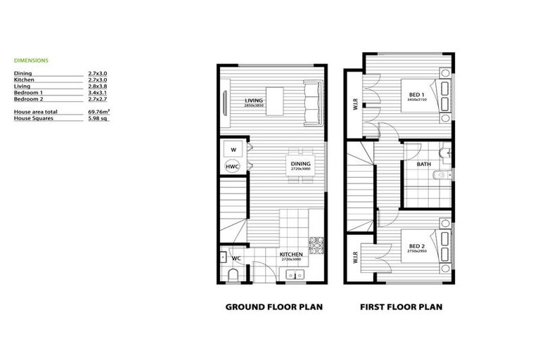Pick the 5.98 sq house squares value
[97, 119]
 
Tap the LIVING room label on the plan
[253, 101]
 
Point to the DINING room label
[300, 165]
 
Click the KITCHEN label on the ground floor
[290, 255]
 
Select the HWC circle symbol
[231, 167]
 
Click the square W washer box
[231, 149]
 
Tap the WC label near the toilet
[236, 258]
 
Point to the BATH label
[423, 165]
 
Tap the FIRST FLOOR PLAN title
[401, 307]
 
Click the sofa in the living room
[311, 101]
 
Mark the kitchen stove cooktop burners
[316, 245]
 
